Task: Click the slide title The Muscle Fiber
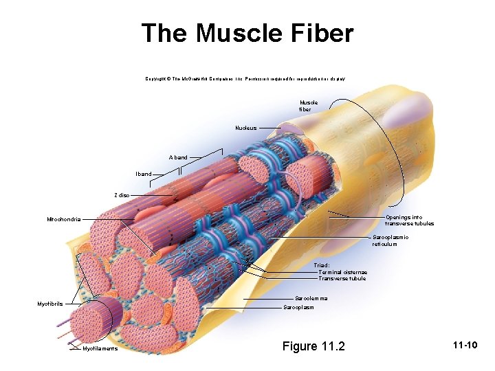tap(247, 34)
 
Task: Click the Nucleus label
tap(245, 128)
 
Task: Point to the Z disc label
tap(121, 195)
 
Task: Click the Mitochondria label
tap(63, 219)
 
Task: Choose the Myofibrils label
tap(50, 304)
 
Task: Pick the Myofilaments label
tap(100, 349)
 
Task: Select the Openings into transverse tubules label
tap(409, 221)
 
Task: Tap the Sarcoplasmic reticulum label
tap(390, 240)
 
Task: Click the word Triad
tap(322, 265)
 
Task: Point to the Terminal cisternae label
tap(342, 272)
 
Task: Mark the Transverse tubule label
tap(342, 278)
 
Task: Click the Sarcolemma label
tap(311, 298)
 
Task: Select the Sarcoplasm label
tap(298, 307)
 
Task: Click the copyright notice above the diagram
tap(245, 80)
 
